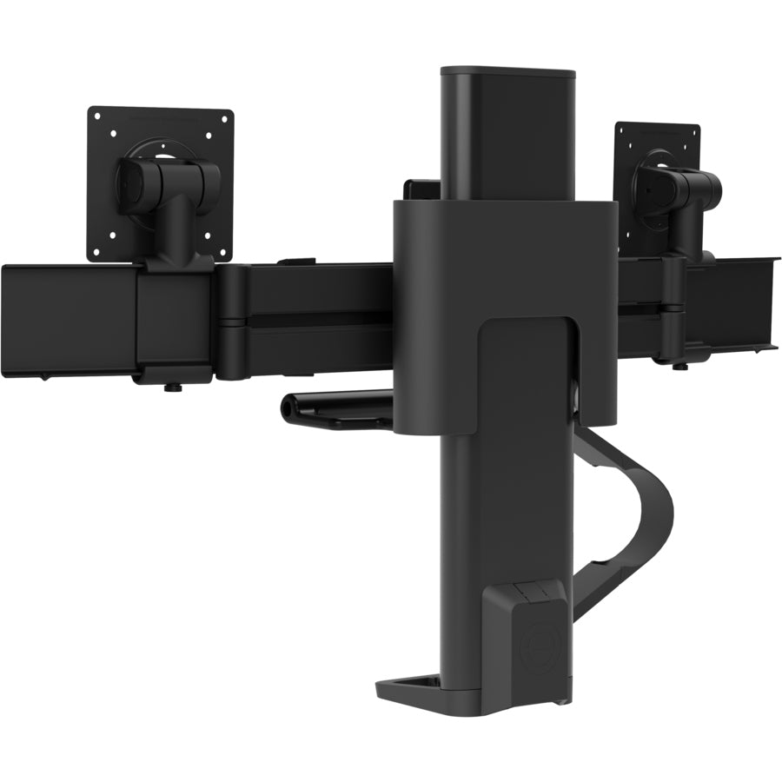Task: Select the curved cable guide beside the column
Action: pyautogui.click(x=647, y=513)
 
